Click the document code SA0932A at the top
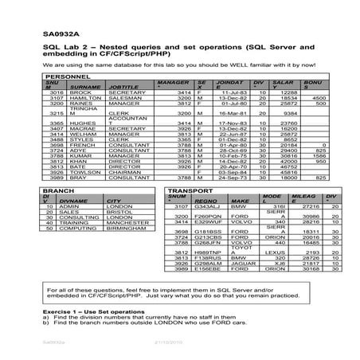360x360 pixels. [x=37, y=33]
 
